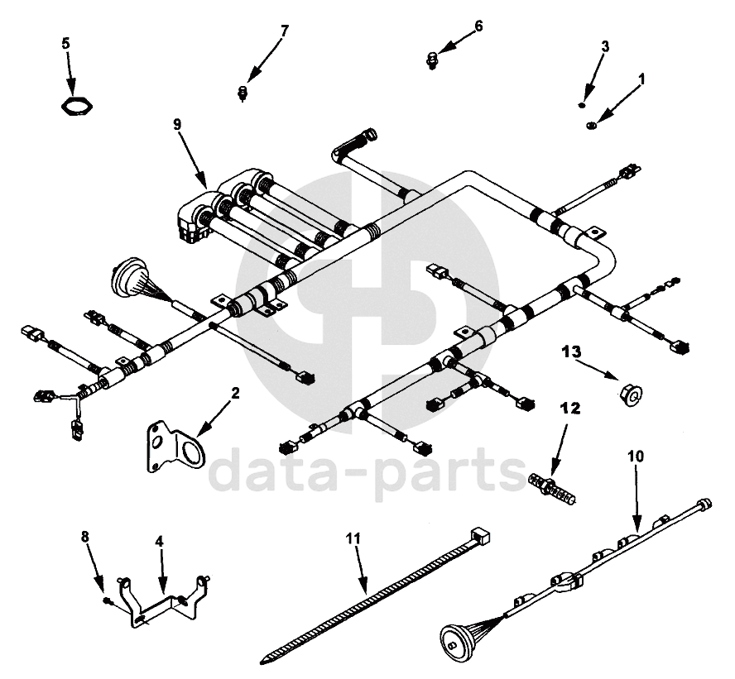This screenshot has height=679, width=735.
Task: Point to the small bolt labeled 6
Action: click(432, 57)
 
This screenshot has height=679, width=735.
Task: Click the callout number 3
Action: click(604, 46)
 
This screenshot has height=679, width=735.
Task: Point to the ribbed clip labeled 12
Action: click(553, 487)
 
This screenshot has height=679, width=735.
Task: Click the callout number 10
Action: click(635, 456)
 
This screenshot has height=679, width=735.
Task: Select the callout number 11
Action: click(354, 538)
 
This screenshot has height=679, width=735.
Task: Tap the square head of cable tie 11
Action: click(480, 535)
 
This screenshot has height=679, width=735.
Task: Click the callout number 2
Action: click(235, 394)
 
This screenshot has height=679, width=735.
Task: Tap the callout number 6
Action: click(478, 26)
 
